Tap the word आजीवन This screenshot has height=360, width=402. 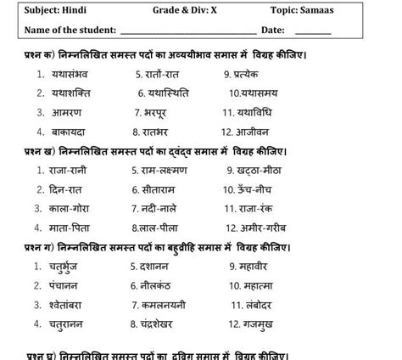click(x=257, y=132)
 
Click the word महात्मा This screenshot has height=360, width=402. click(x=260, y=285)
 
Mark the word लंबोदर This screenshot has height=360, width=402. click(x=260, y=304)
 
